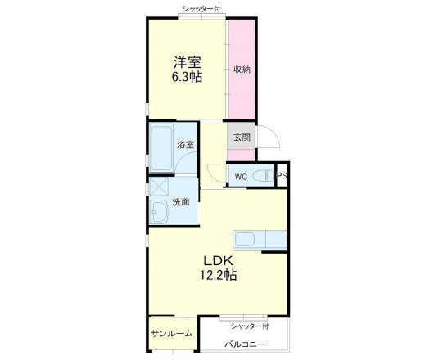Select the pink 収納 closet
pyautogui.click(x=241, y=69)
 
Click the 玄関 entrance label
pyautogui.click(x=241, y=137)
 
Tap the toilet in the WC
pyautogui.click(x=262, y=176)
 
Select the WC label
pyautogui.click(x=241, y=177)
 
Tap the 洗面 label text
pyautogui.click(x=181, y=202)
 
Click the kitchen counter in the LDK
pyautogui.click(x=260, y=239)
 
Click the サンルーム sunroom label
pyautogui.click(x=172, y=334)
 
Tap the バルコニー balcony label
pyautogui.click(x=245, y=344)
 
